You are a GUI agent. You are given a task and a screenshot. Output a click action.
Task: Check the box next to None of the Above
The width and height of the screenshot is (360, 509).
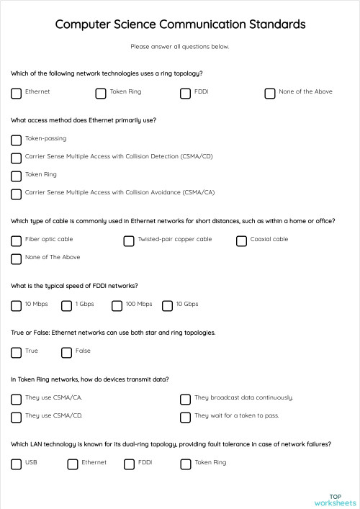(270, 93)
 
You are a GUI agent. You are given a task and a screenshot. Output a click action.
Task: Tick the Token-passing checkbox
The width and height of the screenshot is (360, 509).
(17, 139)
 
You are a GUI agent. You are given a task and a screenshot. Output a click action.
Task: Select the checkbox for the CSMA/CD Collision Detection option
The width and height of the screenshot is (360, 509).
(17, 158)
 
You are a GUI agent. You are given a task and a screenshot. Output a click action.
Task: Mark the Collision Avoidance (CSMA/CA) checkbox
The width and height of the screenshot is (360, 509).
(17, 194)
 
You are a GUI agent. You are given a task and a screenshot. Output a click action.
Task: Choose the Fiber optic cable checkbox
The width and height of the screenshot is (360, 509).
(17, 240)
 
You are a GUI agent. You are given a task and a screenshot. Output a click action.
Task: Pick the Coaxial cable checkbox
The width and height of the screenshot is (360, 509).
(242, 240)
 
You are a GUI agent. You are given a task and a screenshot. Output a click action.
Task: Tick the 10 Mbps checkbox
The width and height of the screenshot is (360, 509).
(17, 305)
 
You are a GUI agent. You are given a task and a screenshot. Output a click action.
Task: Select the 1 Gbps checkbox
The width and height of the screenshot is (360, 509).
(67, 305)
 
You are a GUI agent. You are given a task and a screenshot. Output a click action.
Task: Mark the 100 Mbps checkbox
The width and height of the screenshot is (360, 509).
(117, 305)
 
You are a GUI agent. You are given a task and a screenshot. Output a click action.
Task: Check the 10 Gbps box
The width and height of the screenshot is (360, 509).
(168, 305)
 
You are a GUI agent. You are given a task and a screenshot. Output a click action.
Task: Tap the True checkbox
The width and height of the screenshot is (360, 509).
(17, 352)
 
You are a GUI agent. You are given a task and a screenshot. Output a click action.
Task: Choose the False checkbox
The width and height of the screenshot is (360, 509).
(67, 352)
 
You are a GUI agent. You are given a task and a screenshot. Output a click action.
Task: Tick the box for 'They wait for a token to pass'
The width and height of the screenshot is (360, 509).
(185, 417)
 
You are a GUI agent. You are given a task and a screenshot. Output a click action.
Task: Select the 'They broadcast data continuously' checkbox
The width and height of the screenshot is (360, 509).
(185, 399)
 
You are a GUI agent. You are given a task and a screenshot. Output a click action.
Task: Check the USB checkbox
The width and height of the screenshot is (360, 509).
(17, 464)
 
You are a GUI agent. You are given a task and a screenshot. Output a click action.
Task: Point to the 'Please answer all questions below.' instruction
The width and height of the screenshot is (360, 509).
(180, 47)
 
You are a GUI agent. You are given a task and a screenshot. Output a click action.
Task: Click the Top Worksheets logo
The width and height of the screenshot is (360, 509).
(335, 500)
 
